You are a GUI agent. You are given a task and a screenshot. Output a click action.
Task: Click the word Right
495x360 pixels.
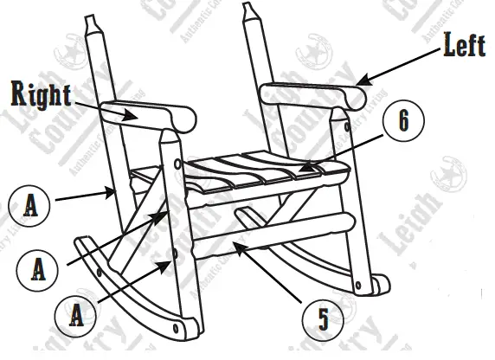(x=41, y=93)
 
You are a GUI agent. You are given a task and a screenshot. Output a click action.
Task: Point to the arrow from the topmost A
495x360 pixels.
(x=82, y=196)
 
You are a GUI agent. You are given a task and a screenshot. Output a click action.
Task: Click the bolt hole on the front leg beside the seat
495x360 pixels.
(x=177, y=163)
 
